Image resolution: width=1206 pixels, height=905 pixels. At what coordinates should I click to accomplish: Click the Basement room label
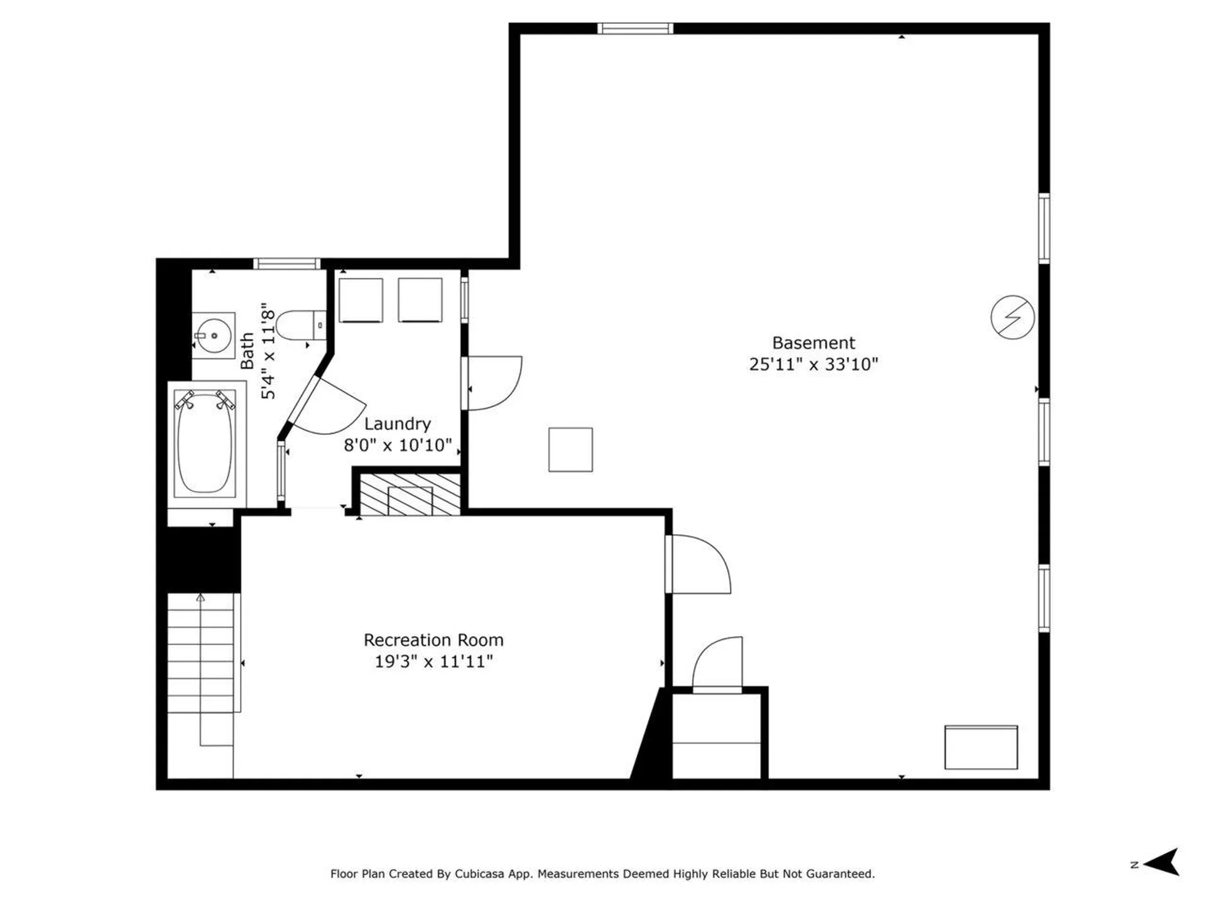(813, 343)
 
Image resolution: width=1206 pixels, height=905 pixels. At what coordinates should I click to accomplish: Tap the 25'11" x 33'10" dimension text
(813, 365)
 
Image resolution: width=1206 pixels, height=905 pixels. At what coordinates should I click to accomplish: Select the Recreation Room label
(433, 640)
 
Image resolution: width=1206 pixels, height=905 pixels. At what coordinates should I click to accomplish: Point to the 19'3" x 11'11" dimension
(433, 661)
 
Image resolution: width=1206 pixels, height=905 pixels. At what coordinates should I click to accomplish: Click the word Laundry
(397, 424)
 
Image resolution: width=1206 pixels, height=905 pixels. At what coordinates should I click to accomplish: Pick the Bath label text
(247, 351)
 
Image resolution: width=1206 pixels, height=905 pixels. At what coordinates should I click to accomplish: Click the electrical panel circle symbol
(1013, 317)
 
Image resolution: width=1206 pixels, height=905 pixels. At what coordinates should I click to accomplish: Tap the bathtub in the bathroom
(205, 443)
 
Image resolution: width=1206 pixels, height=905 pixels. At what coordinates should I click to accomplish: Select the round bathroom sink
(214, 336)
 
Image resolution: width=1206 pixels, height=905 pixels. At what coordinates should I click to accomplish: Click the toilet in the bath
(300, 325)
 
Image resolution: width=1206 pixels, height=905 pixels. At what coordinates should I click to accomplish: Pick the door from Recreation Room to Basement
(697, 564)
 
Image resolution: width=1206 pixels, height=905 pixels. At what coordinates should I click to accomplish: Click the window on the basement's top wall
(635, 28)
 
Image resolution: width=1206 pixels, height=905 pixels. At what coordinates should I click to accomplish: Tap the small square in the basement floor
(570, 449)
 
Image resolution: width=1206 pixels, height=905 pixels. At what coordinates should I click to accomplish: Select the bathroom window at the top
(287, 263)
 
